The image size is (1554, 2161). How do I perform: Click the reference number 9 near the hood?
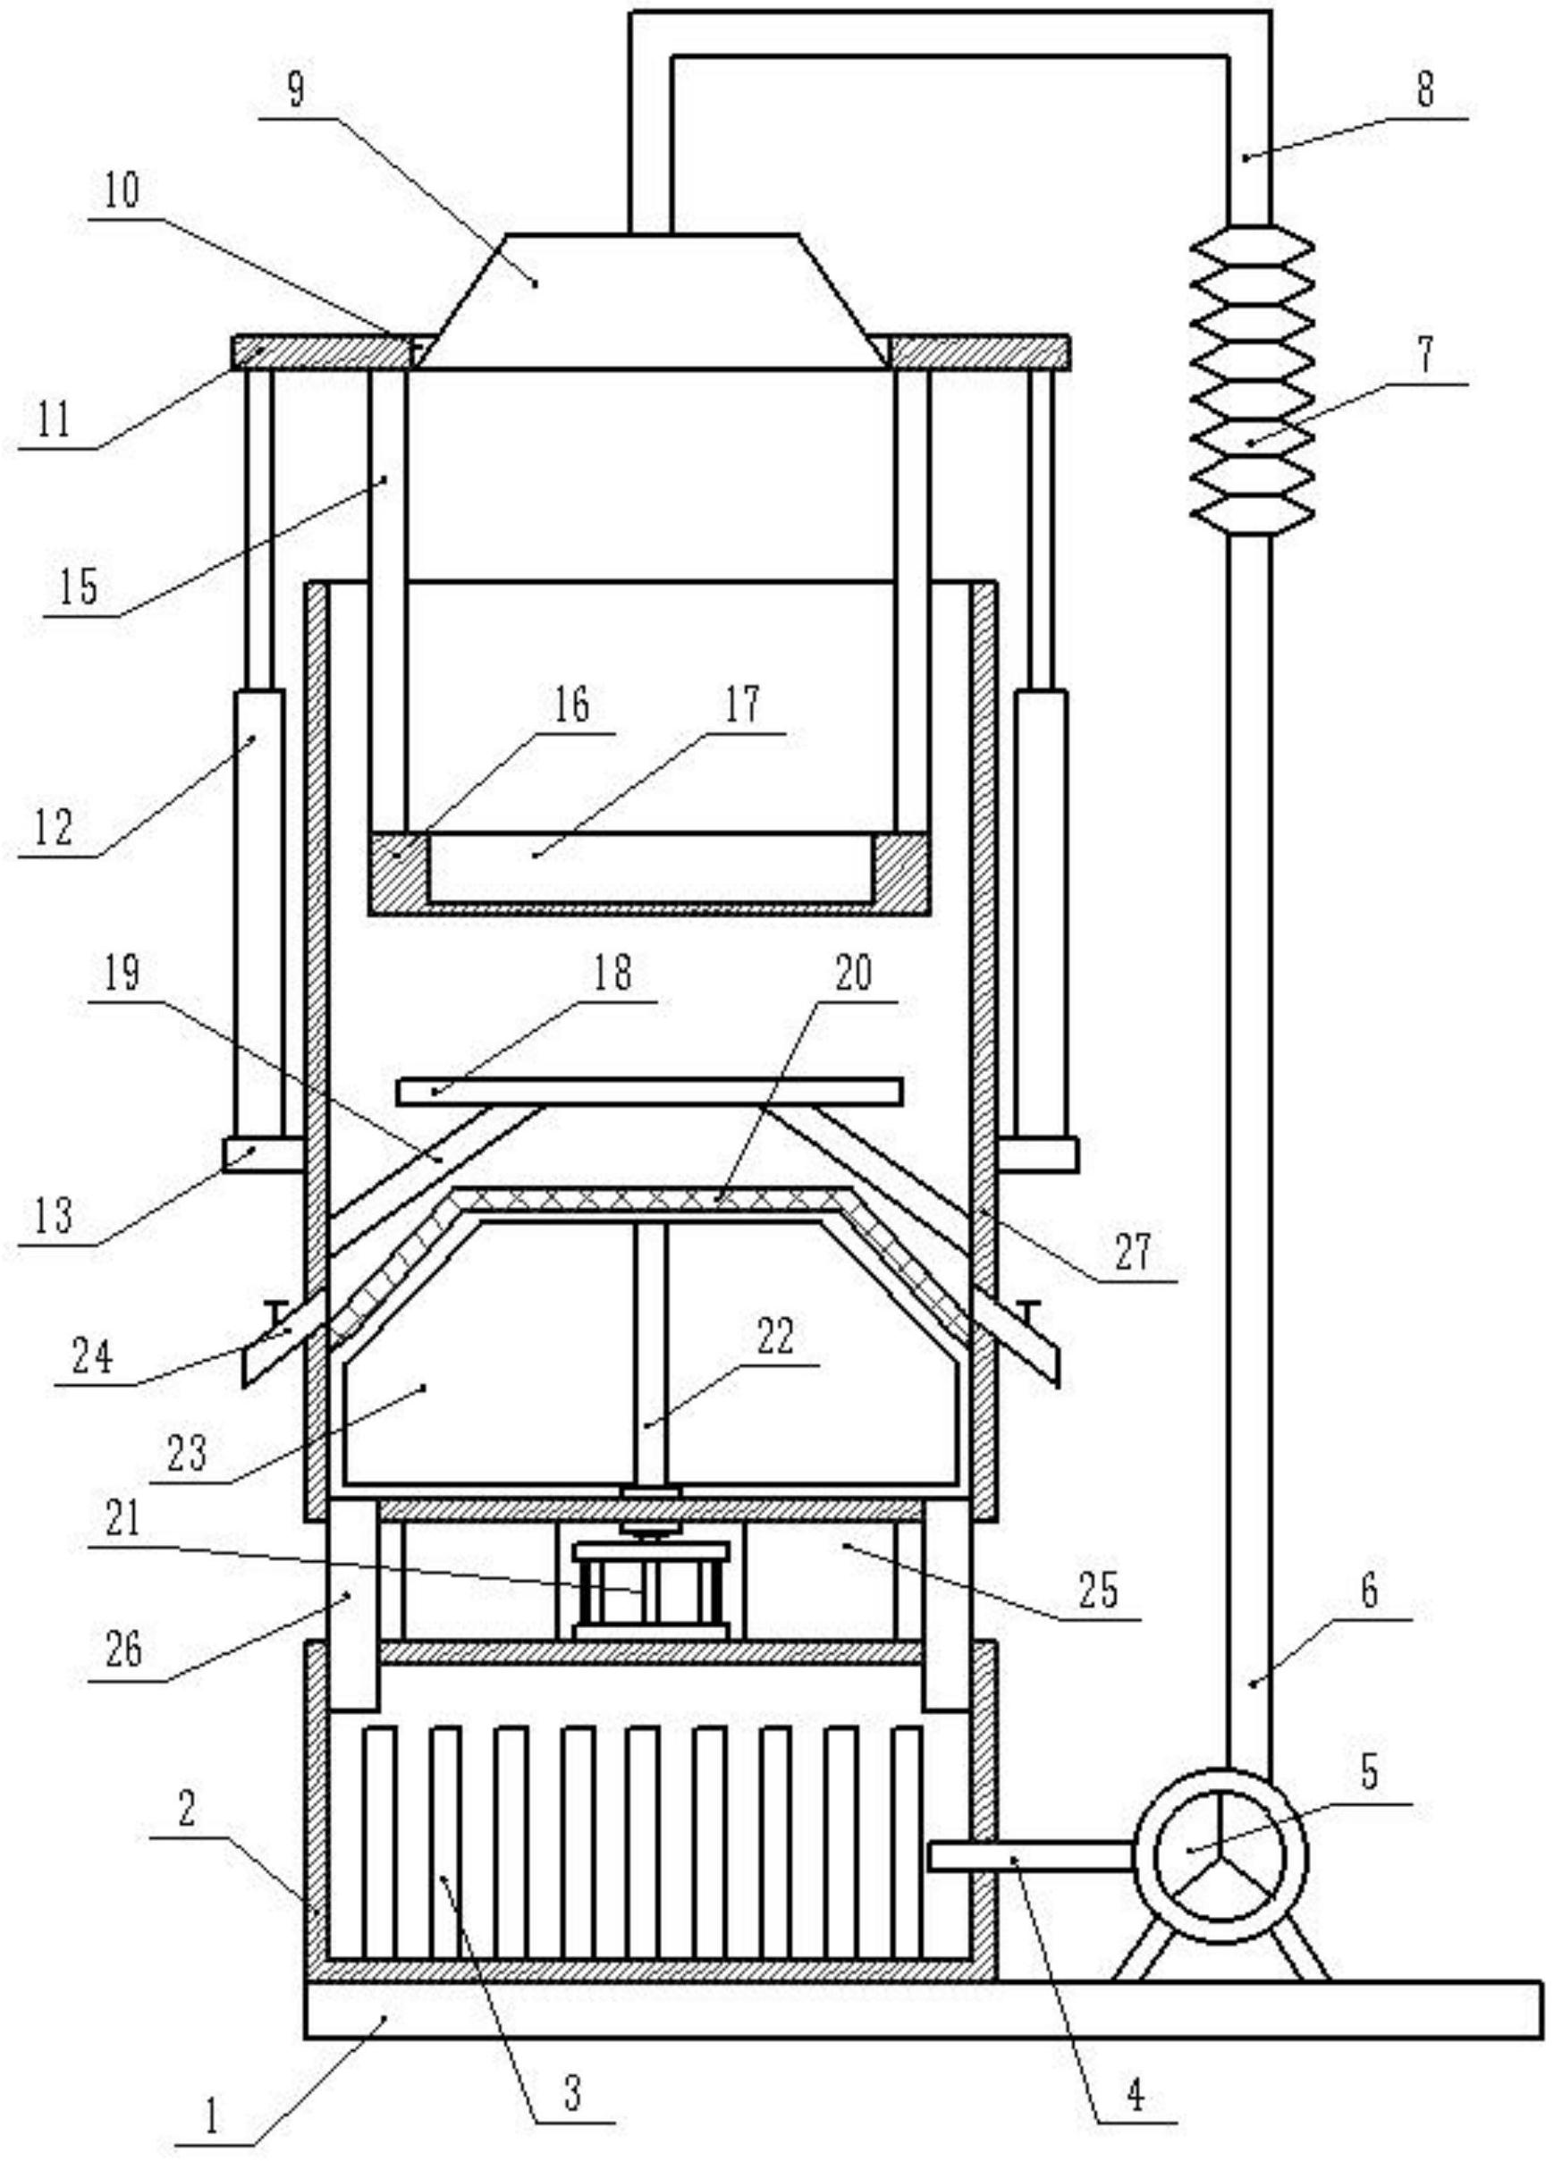[295, 91]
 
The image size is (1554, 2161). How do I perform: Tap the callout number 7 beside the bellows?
[1423, 356]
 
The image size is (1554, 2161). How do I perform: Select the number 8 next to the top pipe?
[1425, 91]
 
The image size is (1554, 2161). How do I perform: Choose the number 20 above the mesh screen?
[853, 973]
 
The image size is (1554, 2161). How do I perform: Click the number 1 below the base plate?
[213, 2114]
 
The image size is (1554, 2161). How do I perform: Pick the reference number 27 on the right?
[1133, 1253]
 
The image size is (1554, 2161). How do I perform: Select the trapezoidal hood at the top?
[654, 301]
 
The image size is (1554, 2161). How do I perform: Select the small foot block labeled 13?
[263, 1154]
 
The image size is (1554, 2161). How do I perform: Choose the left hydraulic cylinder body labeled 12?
[258, 914]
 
